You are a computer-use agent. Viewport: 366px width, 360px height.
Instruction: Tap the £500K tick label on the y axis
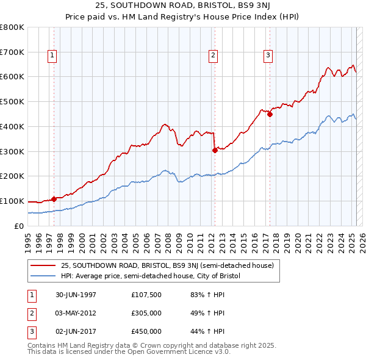12,102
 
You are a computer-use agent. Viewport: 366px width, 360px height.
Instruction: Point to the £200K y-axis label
12,176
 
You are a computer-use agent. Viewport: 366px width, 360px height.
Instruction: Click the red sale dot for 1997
54,198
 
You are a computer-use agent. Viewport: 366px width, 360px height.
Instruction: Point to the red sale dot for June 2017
270,113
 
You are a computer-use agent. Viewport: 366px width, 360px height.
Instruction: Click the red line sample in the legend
43,266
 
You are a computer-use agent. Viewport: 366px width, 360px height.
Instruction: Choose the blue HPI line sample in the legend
43,276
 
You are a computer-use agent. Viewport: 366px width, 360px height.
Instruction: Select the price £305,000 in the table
146,313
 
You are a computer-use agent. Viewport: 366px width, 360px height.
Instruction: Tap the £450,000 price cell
146,331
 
